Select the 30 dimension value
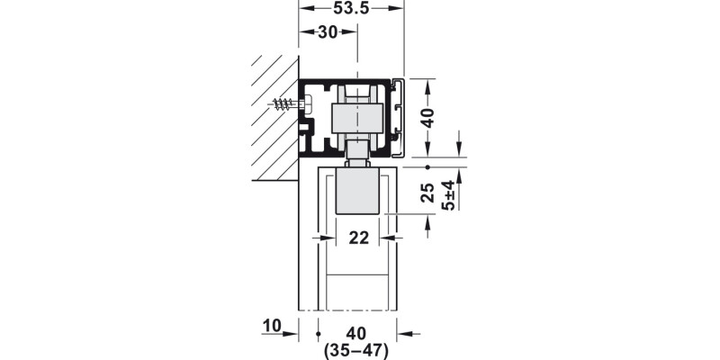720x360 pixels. coord(327,32)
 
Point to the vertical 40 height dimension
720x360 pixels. coord(428,119)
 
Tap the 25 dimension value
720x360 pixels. coord(428,191)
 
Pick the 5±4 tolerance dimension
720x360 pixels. coord(449,194)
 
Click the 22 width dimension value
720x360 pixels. coord(358,238)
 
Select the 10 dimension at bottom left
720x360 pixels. coord(273,325)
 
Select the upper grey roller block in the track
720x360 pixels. coord(356,116)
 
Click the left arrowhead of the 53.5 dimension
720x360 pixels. coord(303,7)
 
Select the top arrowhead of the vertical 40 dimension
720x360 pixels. coord(428,84)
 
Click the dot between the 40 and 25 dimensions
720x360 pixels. coord(428,167)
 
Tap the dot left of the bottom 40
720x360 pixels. coord(319,333)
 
